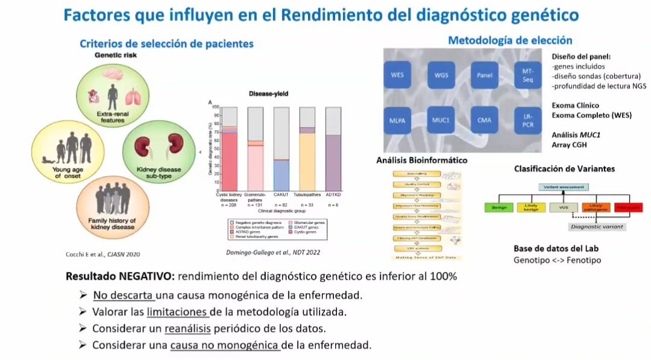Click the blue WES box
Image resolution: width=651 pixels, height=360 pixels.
point(397,76)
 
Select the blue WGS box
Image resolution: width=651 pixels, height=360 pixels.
point(441,76)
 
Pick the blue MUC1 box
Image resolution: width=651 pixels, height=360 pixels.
point(441,119)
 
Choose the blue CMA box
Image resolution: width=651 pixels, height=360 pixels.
point(484,119)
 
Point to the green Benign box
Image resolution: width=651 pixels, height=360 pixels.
point(498,208)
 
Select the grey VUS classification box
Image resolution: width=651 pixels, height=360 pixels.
point(563,208)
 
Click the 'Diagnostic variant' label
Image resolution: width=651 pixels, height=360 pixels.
point(596,227)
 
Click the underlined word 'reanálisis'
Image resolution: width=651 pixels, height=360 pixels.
point(187,329)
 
